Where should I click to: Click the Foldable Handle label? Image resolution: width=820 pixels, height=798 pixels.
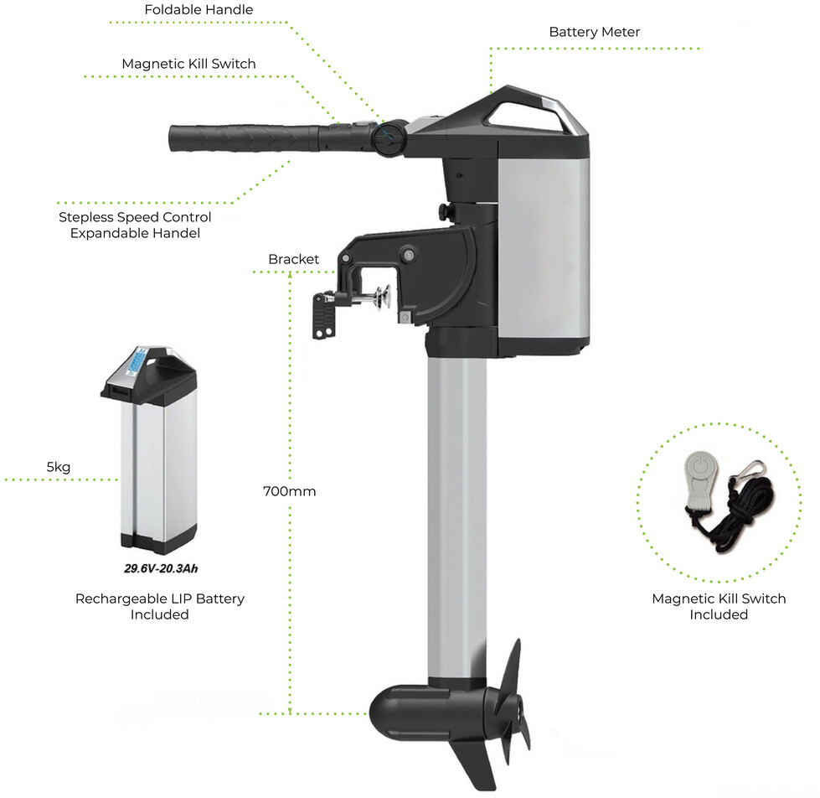tap(199, 9)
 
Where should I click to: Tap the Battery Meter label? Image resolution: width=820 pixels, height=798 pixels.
tap(595, 32)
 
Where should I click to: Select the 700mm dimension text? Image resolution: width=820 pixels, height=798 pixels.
tap(289, 491)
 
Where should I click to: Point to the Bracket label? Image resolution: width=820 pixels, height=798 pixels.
tap(293, 259)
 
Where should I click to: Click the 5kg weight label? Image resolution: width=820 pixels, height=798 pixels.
tap(59, 467)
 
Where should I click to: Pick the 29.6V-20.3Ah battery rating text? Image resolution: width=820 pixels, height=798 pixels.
tap(161, 568)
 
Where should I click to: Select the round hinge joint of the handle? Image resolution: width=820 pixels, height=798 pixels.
tap(390, 137)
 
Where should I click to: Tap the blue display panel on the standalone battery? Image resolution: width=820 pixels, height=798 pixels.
tap(137, 360)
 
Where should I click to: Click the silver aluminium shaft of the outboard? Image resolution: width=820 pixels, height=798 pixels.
tap(456, 518)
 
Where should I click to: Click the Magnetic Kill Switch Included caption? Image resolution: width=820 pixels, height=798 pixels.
tap(719, 606)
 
